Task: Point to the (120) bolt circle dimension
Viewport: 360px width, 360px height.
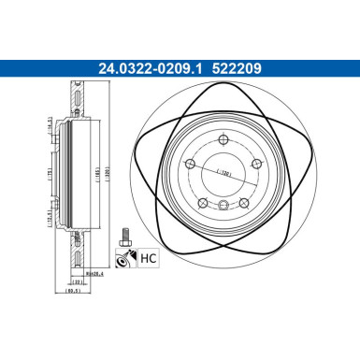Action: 223,173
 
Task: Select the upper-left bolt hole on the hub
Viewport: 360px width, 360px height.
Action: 190,165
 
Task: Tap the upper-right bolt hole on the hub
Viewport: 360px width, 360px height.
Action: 254,165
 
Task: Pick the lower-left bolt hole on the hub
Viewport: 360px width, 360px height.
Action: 202,203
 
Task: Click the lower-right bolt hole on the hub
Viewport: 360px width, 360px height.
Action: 242,203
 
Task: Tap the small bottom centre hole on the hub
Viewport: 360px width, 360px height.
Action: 223,208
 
